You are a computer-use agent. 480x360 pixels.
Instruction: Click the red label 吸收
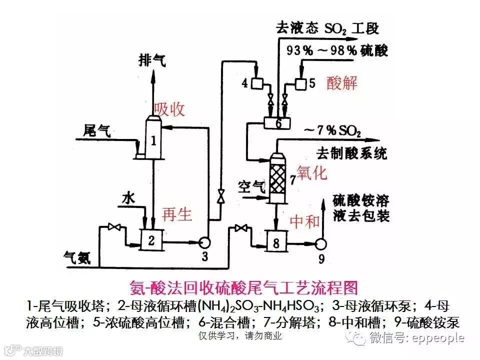point(169,108)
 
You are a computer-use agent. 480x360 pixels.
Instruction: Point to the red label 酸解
point(342,82)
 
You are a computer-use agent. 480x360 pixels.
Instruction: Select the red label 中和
point(305,220)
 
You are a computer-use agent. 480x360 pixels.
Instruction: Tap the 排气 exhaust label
point(152,60)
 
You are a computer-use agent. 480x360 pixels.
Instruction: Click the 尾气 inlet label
point(97,131)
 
